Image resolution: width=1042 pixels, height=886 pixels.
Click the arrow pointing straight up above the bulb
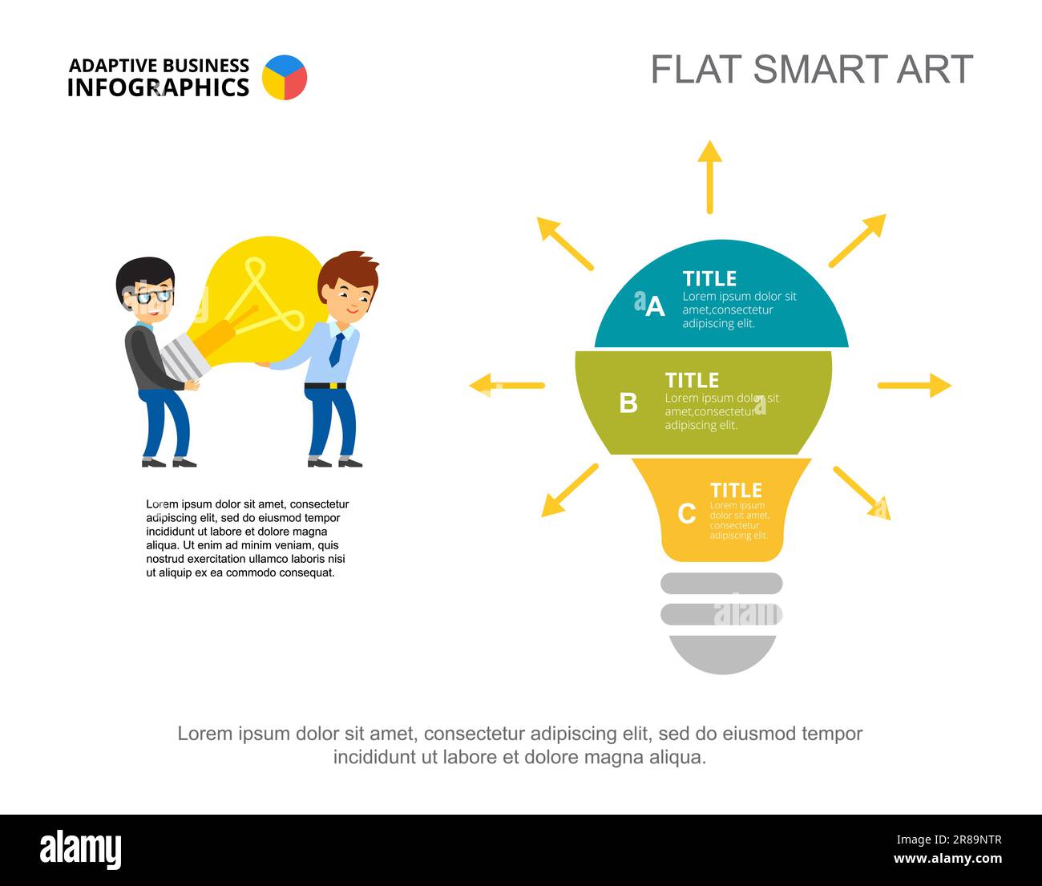coord(709,177)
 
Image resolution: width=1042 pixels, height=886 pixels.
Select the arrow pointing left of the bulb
coord(507,386)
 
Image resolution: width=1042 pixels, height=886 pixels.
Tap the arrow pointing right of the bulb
coord(914,386)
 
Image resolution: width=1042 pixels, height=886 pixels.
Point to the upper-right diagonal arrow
coord(857,241)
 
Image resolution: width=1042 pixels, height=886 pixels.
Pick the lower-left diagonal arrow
coord(569,490)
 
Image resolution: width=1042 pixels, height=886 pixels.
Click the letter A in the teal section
coord(655,307)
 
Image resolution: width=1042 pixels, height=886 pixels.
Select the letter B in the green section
coord(628,403)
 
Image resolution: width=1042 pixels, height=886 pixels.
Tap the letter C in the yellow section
coord(687,513)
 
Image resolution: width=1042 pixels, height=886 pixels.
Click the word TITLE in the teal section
coord(709,278)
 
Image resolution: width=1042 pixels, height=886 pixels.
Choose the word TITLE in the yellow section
coord(736,490)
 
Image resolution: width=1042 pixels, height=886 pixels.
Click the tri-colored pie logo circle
coord(285,78)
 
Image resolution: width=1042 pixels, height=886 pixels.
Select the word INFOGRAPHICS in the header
coord(158,87)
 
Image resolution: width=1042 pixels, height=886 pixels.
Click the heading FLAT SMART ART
coord(811,70)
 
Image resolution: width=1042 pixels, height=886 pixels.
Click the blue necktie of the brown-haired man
coord(337,350)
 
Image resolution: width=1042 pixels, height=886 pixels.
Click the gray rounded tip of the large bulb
coord(722,653)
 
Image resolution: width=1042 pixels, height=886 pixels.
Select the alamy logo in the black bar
coord(80,850)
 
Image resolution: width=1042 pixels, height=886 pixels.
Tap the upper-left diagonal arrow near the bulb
coord(565,242)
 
